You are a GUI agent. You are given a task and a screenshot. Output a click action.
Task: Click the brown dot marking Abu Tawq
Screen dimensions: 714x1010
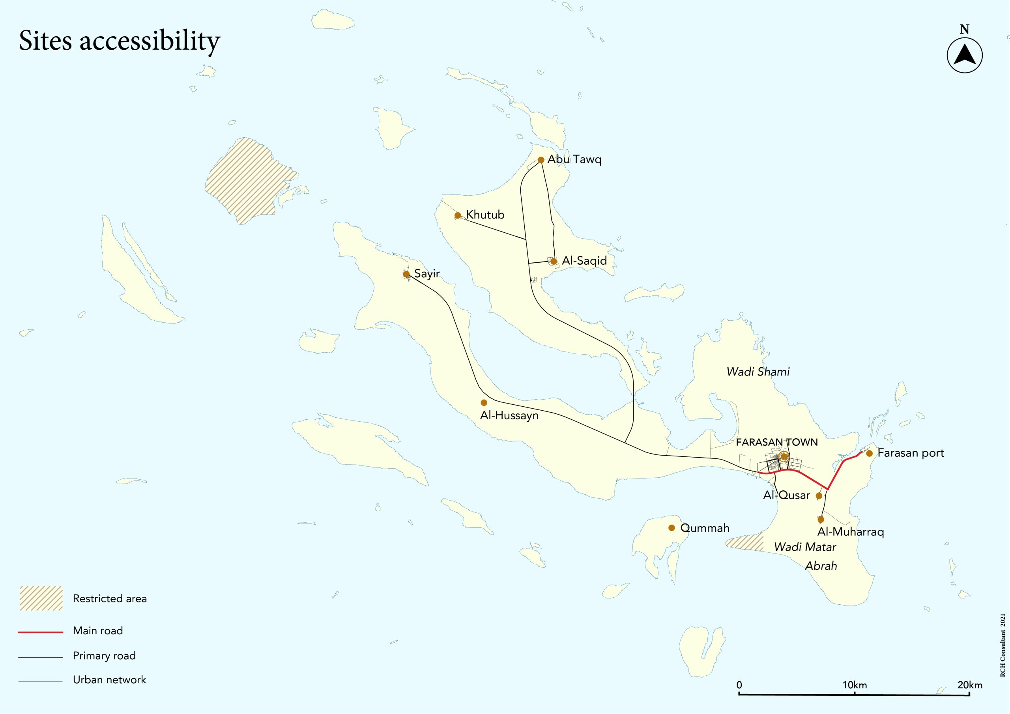[541, 160]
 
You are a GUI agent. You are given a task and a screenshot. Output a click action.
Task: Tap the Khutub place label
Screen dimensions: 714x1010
[485, 215]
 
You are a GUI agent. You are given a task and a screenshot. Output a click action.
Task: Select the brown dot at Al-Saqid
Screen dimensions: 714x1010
[554, 261]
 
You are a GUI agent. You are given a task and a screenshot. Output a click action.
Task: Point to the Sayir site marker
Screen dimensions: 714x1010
[406, 274]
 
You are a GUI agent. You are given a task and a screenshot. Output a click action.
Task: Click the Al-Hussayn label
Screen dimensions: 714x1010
[509, 415]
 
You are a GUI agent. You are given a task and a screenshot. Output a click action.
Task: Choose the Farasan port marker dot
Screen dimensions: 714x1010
[869, 453]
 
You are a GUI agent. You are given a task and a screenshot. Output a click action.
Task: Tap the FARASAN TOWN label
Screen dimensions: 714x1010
[776, 442]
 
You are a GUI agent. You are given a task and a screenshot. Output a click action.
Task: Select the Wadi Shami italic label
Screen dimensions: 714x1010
[758, 372]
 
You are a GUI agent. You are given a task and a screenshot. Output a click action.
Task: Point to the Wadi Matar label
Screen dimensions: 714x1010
[805, 547]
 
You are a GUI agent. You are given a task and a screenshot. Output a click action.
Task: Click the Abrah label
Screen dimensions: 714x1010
[821, 566]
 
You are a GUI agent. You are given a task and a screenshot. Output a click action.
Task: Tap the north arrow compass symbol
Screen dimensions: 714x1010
[964, 56]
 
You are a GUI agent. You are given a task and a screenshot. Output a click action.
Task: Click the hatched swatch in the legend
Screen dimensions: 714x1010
[41, 598]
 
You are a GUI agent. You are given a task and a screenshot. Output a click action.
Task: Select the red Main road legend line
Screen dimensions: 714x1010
[41, 632]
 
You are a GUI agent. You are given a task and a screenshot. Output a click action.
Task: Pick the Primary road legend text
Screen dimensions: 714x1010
[104, 656]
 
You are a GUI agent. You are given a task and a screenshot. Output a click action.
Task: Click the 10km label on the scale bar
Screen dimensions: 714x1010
[855, 685]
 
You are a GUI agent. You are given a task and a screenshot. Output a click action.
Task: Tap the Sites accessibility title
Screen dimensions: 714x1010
[119, 41]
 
